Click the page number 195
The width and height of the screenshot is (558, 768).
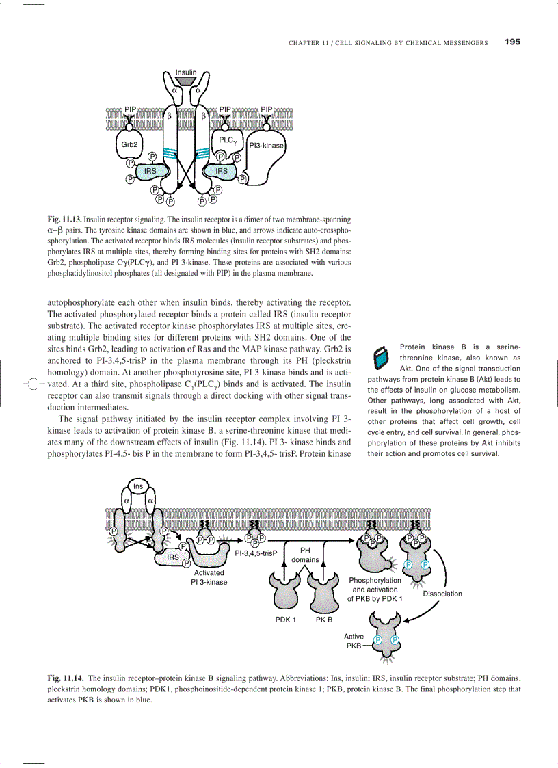(x=512, y=42)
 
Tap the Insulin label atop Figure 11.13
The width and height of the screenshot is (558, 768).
(x=186, y=72)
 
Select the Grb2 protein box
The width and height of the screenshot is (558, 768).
(x=129, y=145)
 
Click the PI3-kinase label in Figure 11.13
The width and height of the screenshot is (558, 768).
(x=266, y=146)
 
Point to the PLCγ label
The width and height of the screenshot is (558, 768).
(x=227, y=141)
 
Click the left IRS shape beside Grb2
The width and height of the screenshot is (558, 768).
(x=150, y=171)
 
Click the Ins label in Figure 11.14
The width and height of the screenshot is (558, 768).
(x=138, y=486)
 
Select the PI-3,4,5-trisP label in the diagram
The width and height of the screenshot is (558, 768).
(x=255, y=553)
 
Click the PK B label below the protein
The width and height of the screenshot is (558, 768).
(x=324, y=620)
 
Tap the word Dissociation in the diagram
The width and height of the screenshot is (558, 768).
(x=442, y=594)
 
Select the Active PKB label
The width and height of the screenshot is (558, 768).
(x=354, y=641)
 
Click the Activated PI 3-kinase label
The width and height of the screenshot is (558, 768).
(x=209, y=577)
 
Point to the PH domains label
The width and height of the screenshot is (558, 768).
(x=305, y=555)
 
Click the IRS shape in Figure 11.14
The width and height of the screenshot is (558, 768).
(x=173, y=557)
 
